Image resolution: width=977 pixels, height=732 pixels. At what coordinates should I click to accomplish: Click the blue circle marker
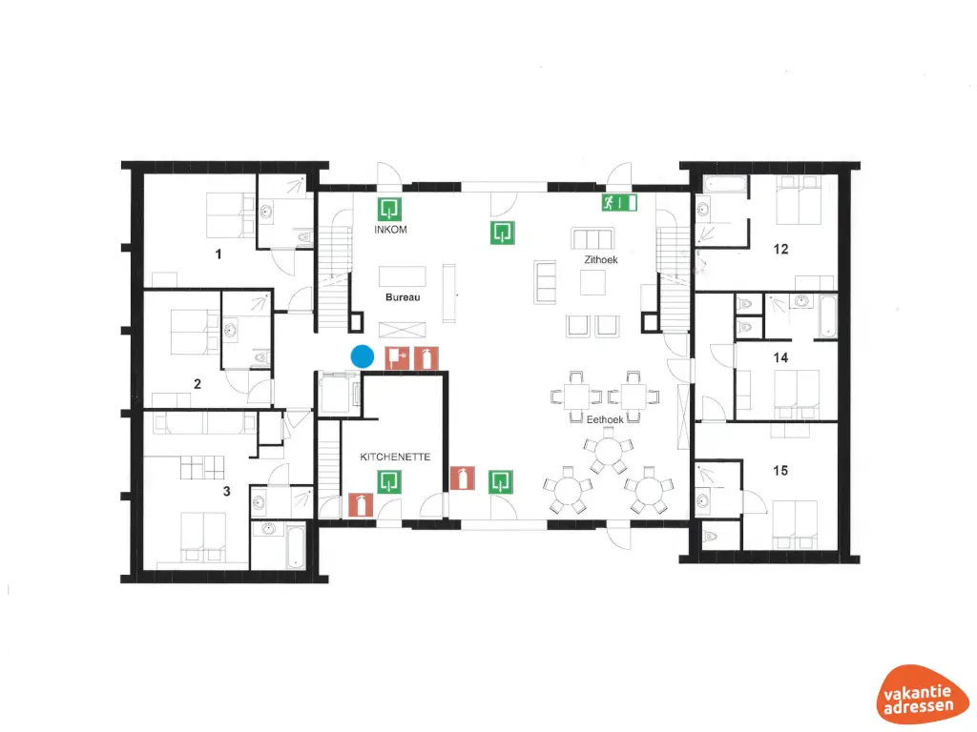[362, 356]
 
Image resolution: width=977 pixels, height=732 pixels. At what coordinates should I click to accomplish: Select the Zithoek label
[602, 259]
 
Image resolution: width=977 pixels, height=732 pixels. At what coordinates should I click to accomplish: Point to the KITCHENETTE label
[395, 457]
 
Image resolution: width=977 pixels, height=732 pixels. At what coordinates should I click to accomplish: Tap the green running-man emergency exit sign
[618, 202]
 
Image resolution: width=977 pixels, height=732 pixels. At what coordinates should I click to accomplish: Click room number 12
[780, 250]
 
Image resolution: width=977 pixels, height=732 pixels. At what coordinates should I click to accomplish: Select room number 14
[780, 357]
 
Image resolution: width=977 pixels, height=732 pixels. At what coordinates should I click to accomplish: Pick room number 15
[780, 470]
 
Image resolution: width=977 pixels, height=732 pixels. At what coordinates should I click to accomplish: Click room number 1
[218, 254]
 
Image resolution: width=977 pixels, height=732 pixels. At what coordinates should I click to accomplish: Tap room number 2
[197, 385]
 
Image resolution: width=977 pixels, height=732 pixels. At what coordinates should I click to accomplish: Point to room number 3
[226, 492]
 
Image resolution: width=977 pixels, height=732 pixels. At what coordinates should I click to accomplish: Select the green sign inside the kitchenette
[388, 482]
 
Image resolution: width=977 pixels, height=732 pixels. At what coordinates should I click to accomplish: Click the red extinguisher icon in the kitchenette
[360, 503]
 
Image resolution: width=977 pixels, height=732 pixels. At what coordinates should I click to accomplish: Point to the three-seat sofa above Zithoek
[591, 238]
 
